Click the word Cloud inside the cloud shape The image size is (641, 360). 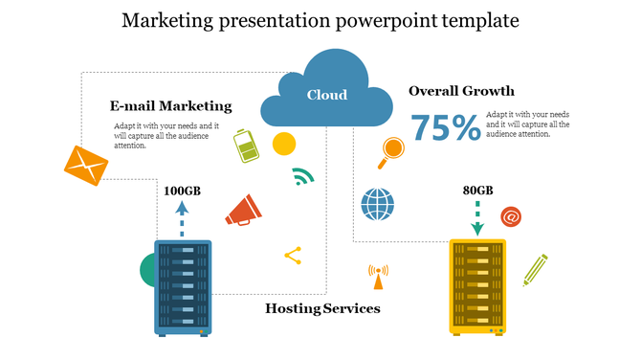point(326,95)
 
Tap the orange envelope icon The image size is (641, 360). point(86,167)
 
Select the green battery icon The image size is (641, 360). point(247,146)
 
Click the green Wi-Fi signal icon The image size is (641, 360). point(303,177)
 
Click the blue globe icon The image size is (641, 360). point(377,204)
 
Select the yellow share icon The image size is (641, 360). point(293,255)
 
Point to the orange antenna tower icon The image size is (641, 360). point(377,277)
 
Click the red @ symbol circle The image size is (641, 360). point(511,217)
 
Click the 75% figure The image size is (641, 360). point(445,127)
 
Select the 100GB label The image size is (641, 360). point(182,191)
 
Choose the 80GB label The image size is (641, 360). point(477,191)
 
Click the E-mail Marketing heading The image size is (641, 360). point(171,105)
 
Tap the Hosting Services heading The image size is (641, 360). point(322,308)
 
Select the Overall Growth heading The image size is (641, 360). point(461,91)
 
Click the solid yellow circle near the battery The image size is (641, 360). point(283,145)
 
